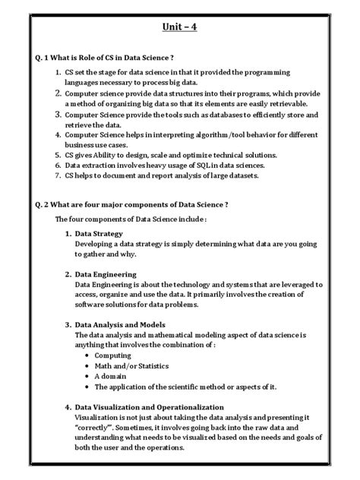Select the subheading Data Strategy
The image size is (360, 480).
(103, 233)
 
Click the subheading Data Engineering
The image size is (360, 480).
(106, 273)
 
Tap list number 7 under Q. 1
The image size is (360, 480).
(58, 175)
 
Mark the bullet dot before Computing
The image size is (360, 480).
(98, 354)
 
